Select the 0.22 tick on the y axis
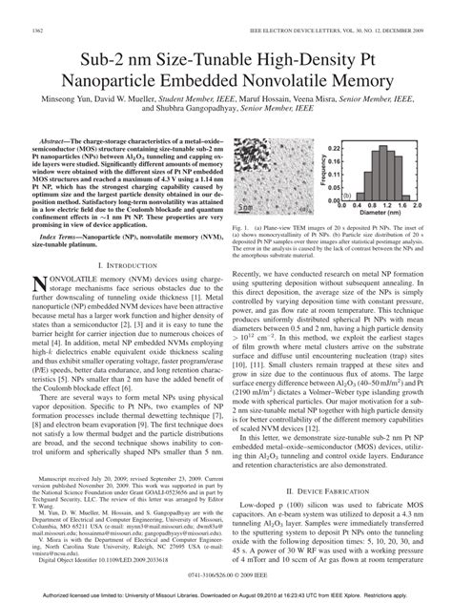click(336, 149)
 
